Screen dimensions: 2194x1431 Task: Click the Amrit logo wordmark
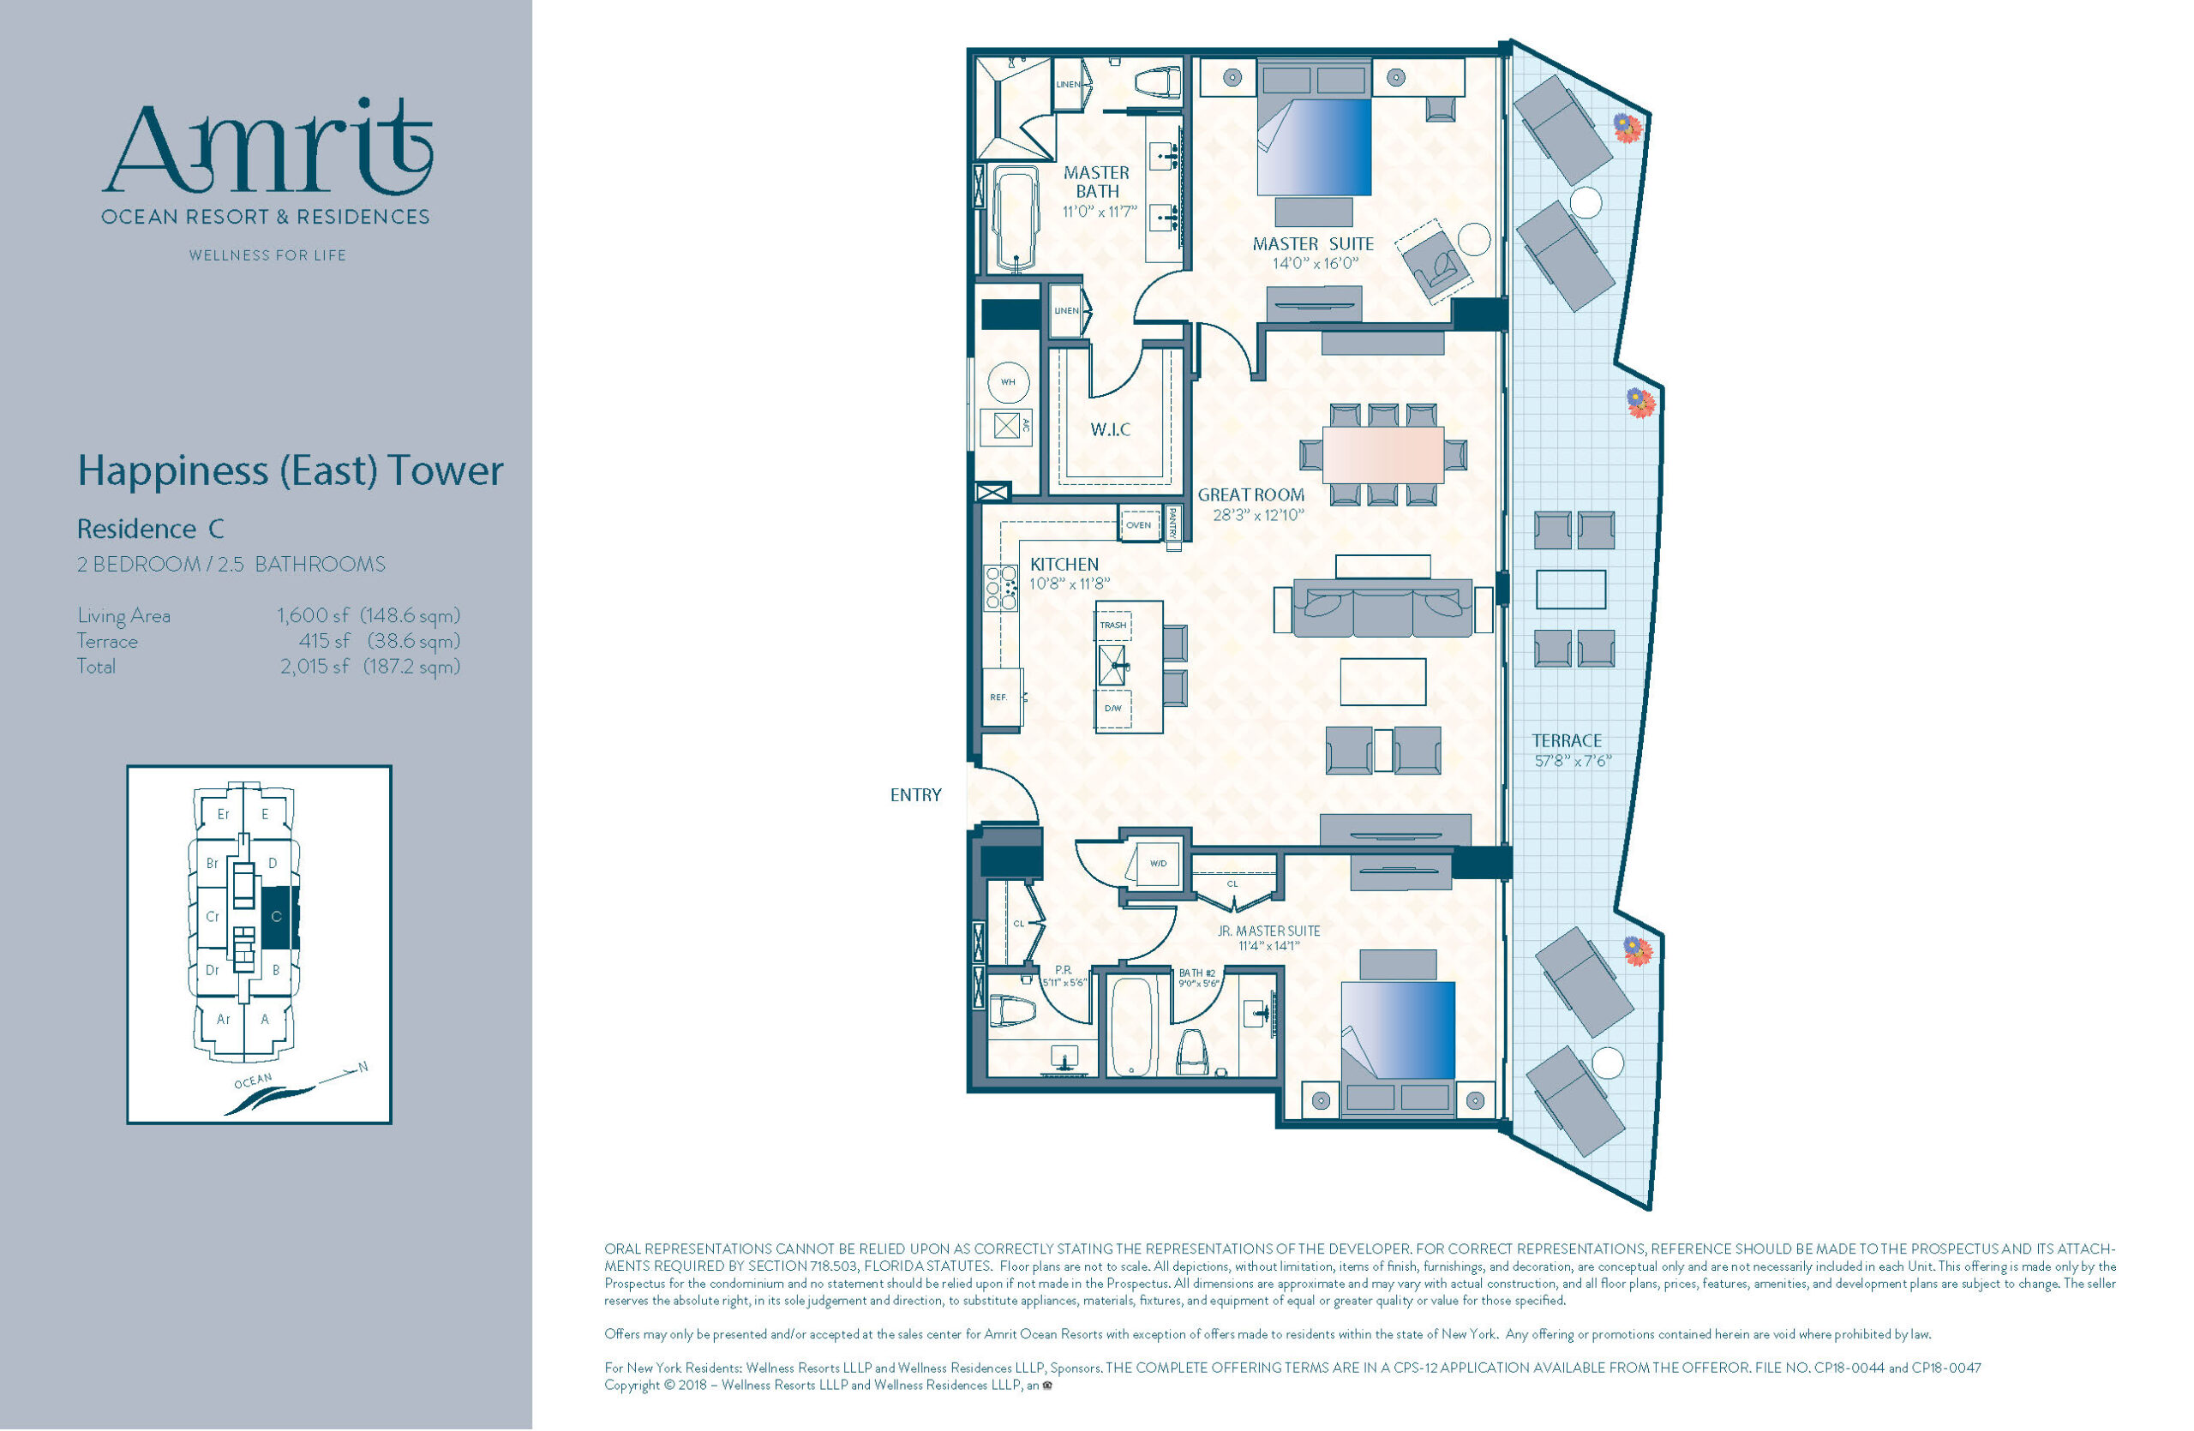point(267,147)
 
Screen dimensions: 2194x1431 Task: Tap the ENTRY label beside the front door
point(915,794)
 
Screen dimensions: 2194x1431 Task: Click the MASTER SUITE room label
point(1313,243)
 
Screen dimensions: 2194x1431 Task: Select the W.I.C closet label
point(1110,429)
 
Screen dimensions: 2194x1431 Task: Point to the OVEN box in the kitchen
point(1138,525)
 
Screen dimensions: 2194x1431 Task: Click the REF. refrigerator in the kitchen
point(1001,697)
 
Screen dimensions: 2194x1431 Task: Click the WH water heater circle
point(1009,381)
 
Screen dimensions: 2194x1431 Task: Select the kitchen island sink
point(1112,663)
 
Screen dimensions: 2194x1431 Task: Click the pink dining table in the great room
point(1382,454)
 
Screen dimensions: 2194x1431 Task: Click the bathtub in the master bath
point(1014,219)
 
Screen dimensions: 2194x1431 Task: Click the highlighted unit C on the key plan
point(277,917)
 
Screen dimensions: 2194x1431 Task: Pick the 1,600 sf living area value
point(314,614)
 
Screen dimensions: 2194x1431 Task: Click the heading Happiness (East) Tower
point(291,470)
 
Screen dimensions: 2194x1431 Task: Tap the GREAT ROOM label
point(1251,494)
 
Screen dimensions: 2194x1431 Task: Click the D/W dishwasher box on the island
point(1113,708)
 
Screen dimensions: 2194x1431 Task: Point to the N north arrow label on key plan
point(363,1067)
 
